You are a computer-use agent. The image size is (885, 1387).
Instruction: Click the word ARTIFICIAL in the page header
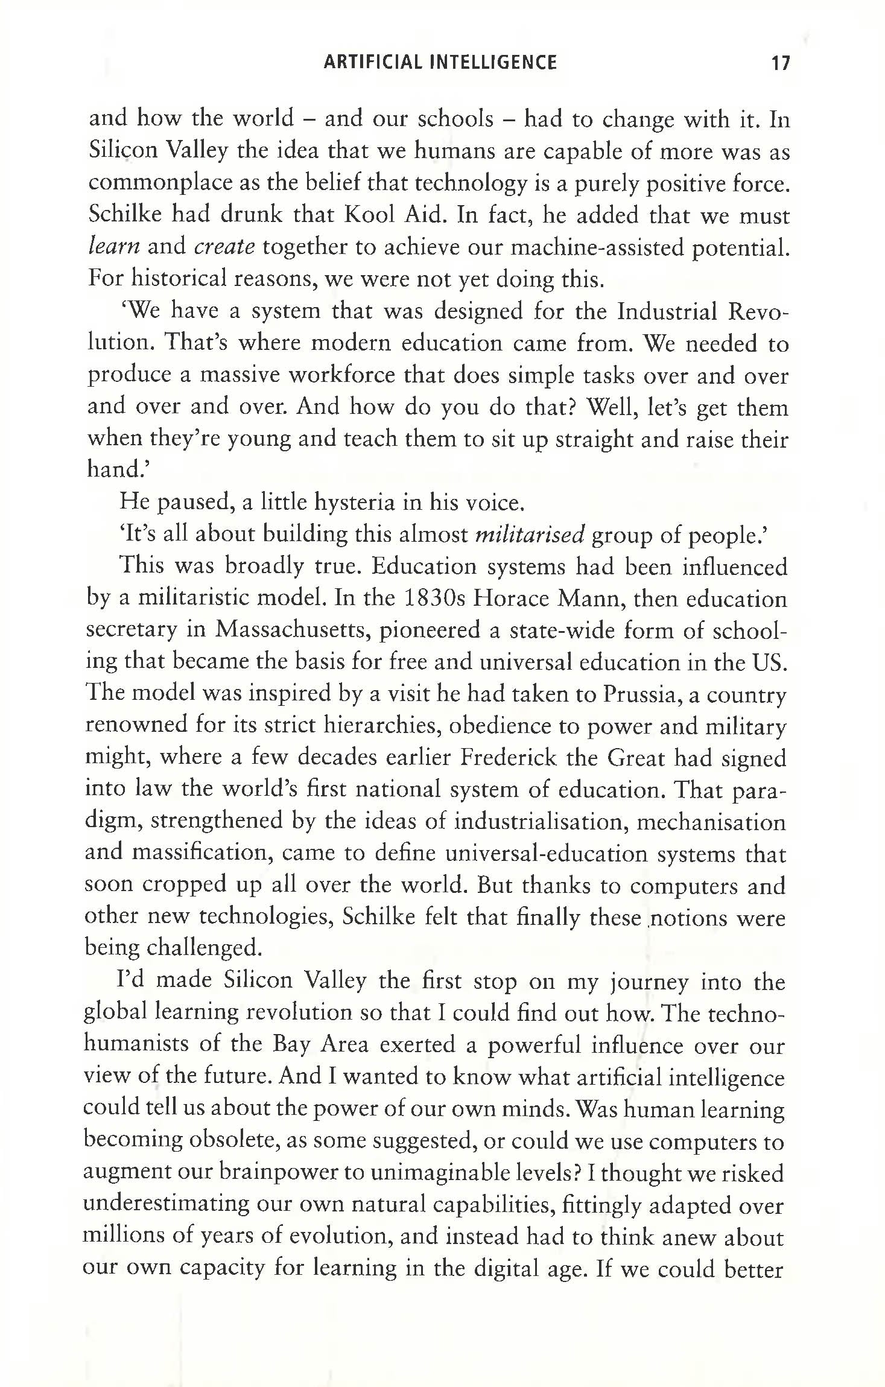pos(370,62)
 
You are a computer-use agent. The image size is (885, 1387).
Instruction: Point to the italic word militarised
pos(531,535)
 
